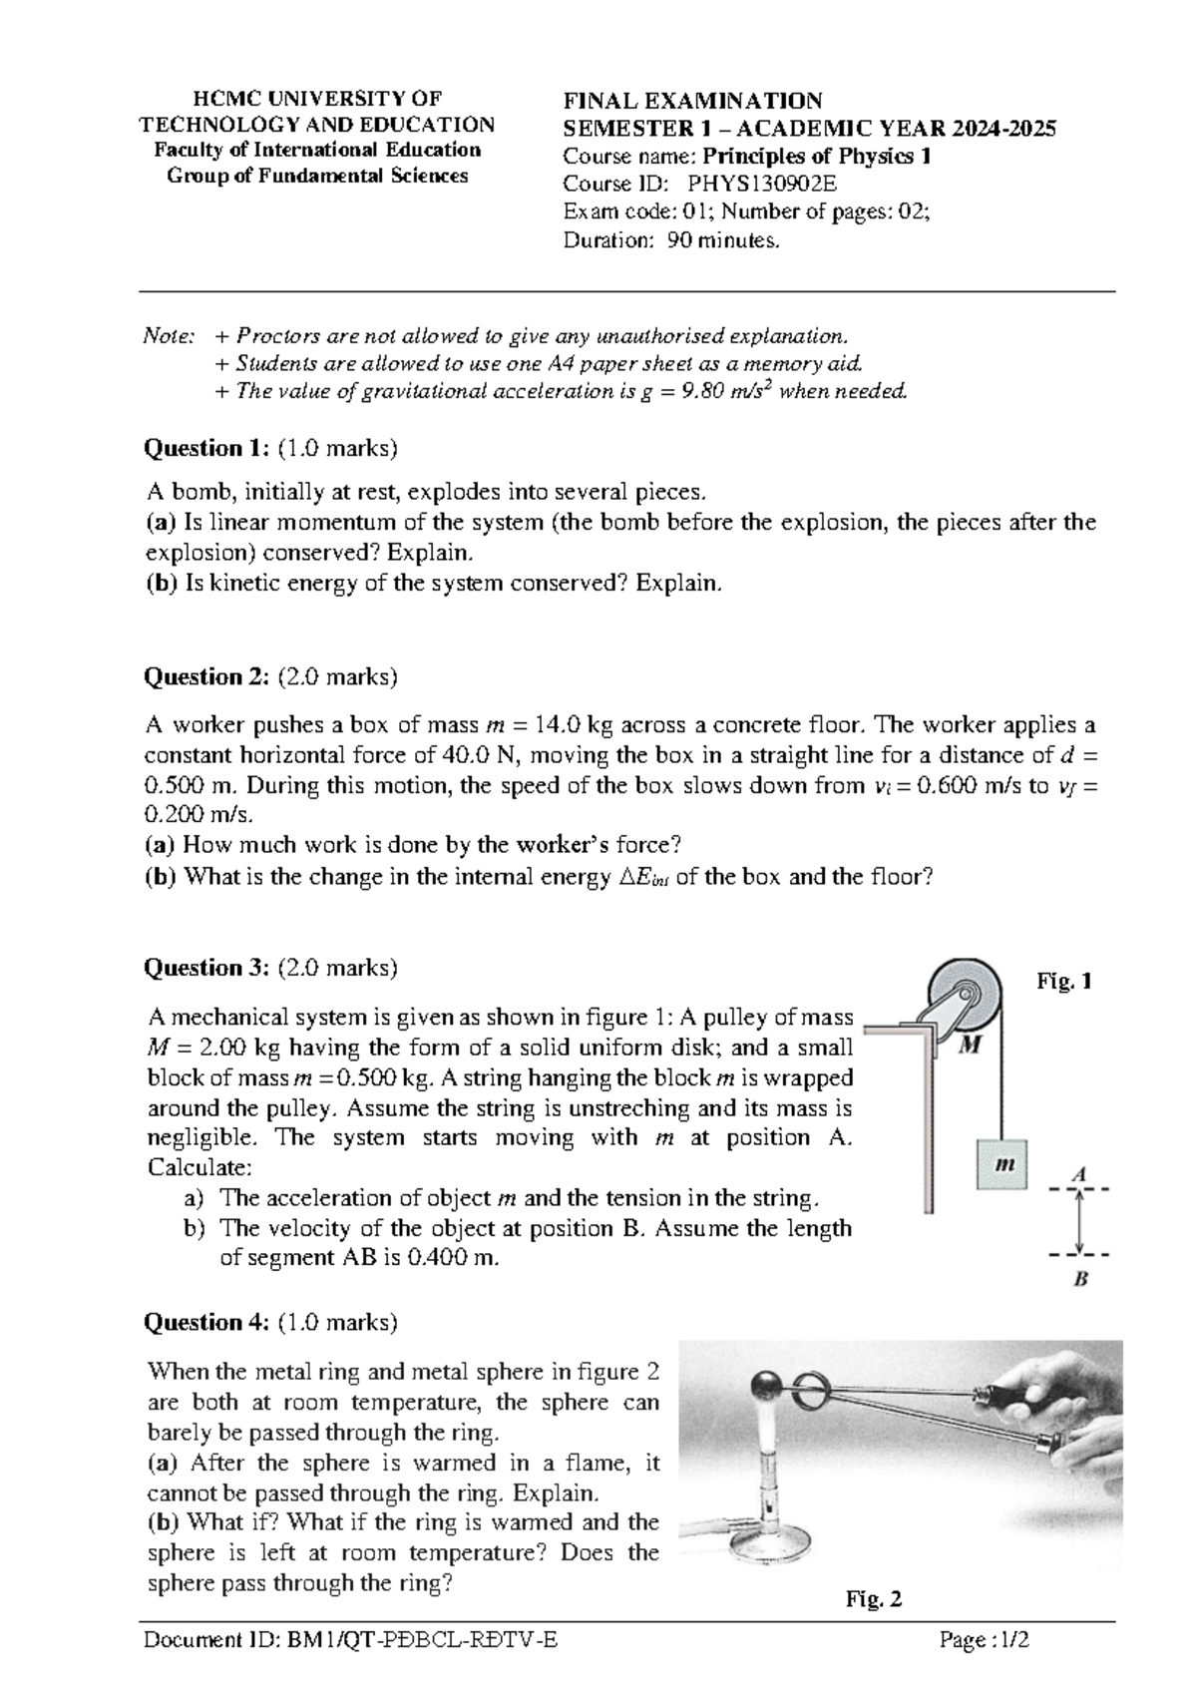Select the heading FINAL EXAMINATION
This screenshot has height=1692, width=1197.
tap(692, 101)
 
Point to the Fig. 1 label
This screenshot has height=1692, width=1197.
tap(1064, 981)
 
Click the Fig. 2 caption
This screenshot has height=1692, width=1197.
tap(874, 1599)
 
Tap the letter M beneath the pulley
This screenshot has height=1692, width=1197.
tap(970, 1045)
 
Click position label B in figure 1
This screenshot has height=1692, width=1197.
tap(1079, 1278)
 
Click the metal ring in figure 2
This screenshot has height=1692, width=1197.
tap(812, 1383)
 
